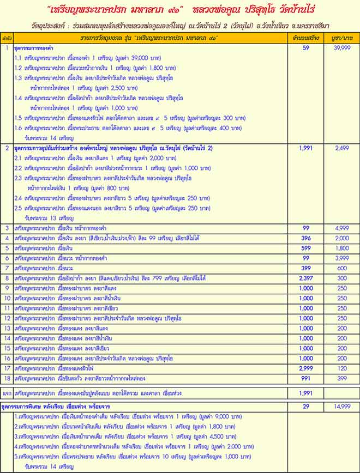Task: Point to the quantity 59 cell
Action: [306, 48]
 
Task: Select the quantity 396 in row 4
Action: [306, 238]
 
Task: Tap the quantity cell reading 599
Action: [306, 248]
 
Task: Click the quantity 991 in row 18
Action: [306, 379]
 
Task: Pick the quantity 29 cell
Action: [306, 407]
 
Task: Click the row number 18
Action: [7, 379]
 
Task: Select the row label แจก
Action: [7, 392]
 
